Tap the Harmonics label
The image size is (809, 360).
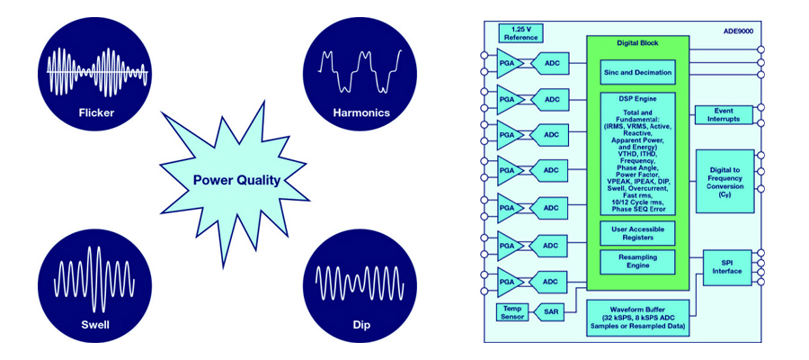tap(360, 114)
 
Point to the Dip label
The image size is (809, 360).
tap(360, 324)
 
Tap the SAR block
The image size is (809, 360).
tap(551, 311)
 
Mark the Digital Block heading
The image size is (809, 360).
tap(637, 43)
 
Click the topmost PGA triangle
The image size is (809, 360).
tap(510, 62)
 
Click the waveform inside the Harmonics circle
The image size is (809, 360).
tap(360, 72)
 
